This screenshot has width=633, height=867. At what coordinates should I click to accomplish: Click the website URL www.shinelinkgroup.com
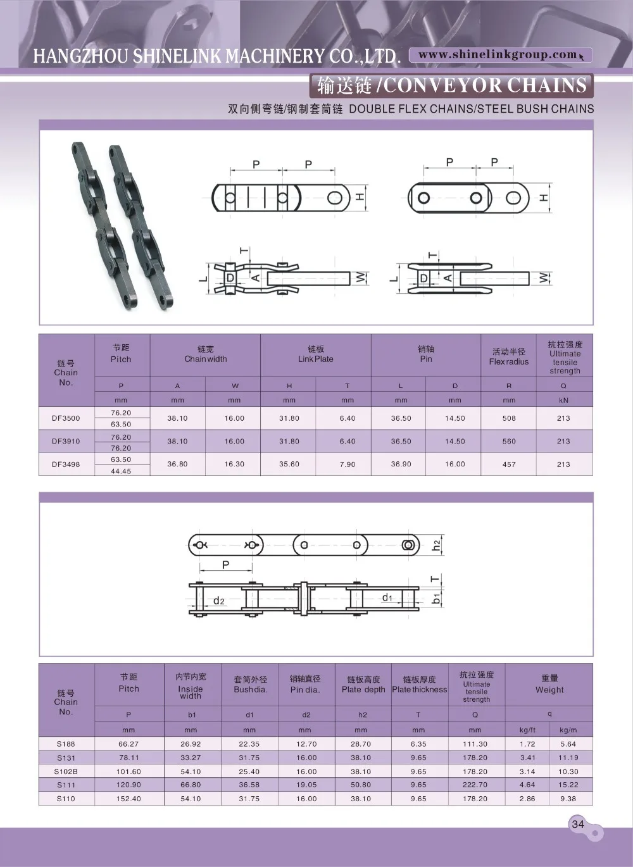(x=498, y=55)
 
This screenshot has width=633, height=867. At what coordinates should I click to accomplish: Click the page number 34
(x=578, y=824)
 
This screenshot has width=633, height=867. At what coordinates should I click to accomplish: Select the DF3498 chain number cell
(x=66, y=465)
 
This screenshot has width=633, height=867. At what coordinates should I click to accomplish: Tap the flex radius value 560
(x=509, y=442)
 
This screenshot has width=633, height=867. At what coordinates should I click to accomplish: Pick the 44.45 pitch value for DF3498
(x=121, y=471)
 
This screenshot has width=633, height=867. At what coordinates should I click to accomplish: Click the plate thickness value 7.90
(x=348, y=465)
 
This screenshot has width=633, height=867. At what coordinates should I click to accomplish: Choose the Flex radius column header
(x=509, y=357)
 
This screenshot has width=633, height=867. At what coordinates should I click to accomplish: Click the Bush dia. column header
(x=251, y=685)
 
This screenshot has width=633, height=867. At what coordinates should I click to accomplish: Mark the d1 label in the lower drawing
(x=387, y=597)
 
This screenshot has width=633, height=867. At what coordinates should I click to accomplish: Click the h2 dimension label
(x=437, y=546)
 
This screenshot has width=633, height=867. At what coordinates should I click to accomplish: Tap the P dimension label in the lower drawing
(x=226, y=564)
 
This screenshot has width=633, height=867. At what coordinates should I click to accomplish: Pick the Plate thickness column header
(x=419, y=685)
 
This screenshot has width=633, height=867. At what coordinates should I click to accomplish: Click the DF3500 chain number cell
(x=66, y=418)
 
